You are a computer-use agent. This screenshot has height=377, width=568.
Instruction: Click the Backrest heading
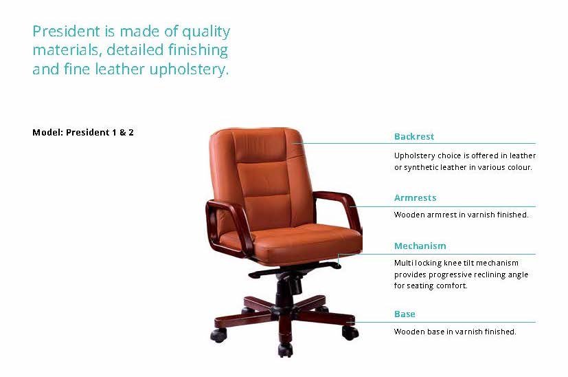413,136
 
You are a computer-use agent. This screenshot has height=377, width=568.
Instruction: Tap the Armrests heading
415,197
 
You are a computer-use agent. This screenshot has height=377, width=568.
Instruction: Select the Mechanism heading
420,246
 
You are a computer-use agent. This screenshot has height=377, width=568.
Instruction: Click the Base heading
405,314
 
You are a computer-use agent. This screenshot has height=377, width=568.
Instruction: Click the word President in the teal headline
67,31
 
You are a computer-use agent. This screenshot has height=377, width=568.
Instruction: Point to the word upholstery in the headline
189,69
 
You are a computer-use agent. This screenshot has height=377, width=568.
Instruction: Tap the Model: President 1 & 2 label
83,133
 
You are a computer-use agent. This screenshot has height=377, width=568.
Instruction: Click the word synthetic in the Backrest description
420,167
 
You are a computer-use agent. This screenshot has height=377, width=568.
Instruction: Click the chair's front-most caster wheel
285,349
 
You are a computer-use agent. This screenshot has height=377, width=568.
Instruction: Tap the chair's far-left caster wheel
218,335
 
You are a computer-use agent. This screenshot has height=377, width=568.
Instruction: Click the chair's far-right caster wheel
350,333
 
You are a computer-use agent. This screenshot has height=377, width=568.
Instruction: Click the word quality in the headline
206,32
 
